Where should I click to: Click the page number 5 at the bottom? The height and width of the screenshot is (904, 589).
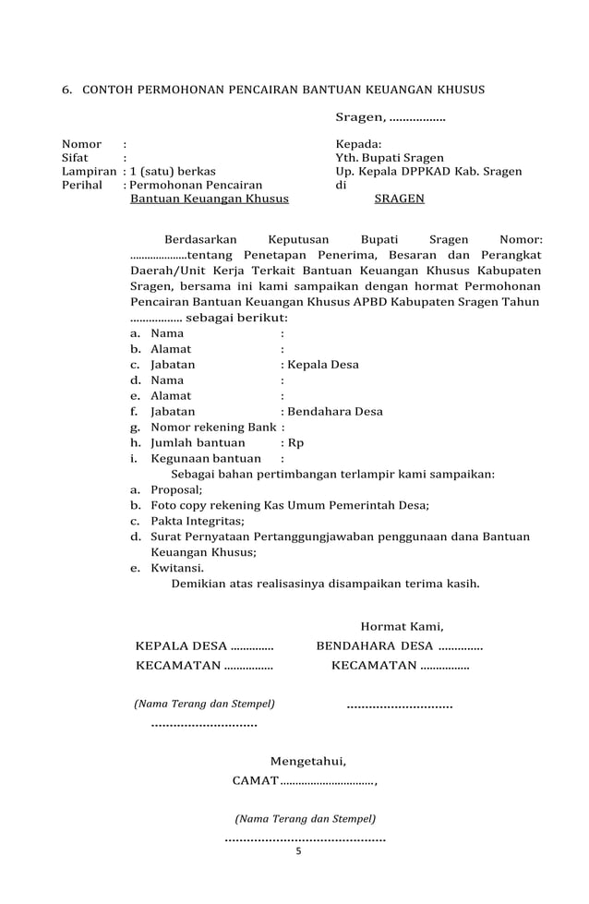click(x=298, y=851)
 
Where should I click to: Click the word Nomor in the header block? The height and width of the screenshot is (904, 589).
click(x=81, y=144)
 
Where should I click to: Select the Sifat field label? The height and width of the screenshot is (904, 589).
click(x=75, y=158)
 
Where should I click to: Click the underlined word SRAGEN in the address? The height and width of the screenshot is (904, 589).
click(x=400, y=199)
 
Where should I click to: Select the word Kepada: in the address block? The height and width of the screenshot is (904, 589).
click(x=359, y=144)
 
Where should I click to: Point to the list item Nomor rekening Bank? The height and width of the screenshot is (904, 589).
click(x=213, y=428)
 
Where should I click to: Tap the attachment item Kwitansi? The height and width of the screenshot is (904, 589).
click(x=177, y=569)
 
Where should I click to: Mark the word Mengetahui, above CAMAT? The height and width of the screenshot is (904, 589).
click(x=308, y=762)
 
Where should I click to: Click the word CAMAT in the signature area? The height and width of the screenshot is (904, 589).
click(x=255, y=782)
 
